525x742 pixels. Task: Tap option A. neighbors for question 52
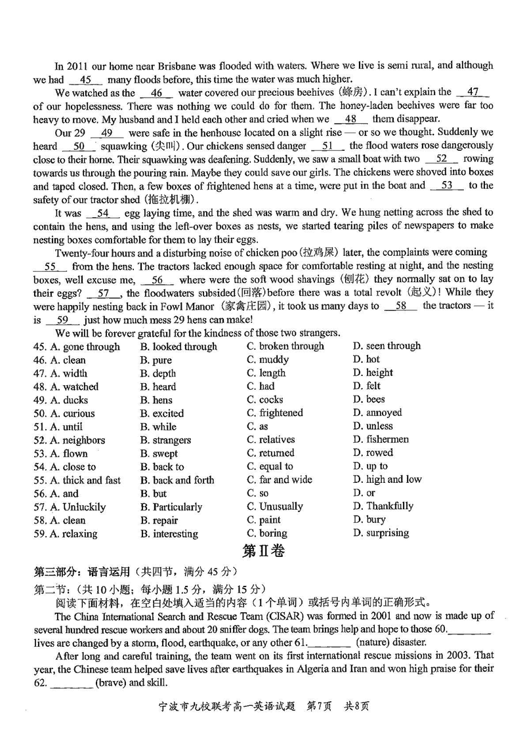pos(77,440)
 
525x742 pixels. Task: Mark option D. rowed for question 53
pos(373,453)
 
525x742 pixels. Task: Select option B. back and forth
pos(177,480)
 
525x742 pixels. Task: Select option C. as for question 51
pos(258,426)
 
